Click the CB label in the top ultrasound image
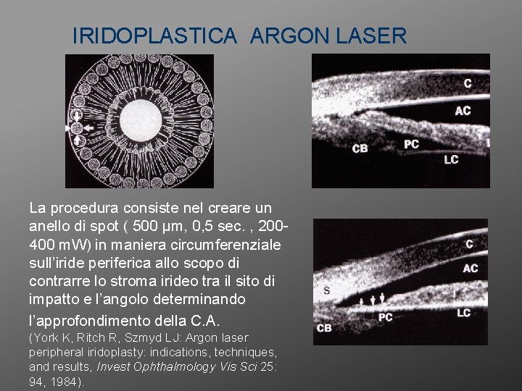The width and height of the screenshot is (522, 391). [x=360, y=148]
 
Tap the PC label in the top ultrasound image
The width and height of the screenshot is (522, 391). [x=411, y=143]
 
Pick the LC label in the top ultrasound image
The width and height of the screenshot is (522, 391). [x=451, y=159]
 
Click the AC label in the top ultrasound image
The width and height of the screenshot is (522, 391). [x=463, y=111]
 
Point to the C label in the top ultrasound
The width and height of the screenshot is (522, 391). [x=468, y=84]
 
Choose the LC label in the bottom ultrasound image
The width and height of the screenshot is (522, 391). [x=464, y=313]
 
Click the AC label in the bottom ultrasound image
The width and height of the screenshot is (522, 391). [x=469, y=268]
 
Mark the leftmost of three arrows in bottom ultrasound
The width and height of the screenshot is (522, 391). [x=362, y=298]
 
